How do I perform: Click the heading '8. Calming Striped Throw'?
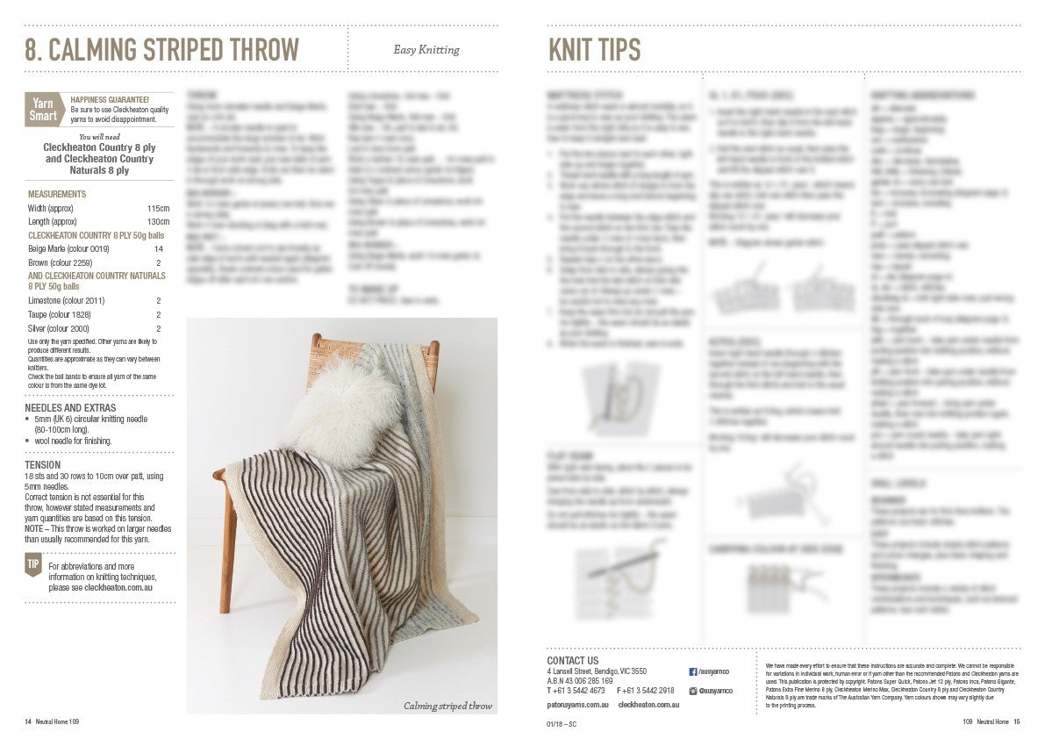click(x=161, y=50)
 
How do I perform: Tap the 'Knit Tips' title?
click(x=594, y=50)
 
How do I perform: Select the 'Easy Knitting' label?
click(x=426, y=50)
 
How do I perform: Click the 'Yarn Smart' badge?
click(x=43, y=110)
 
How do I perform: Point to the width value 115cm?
click(x=158, y=208)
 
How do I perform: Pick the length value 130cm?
click(x=158, y=221)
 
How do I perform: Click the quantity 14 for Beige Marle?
click(x=158, y=249)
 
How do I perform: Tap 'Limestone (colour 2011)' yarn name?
click(x=66, y=300)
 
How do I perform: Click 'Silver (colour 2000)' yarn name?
click(x=60, y=327)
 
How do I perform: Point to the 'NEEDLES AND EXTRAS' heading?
click(x=70, y=408)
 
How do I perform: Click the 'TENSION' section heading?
click(x=43, y=465)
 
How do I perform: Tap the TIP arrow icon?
click(x=32, y=566)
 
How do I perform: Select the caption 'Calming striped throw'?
click(x=447, y=706)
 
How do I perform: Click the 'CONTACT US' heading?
click(x=572, y=661)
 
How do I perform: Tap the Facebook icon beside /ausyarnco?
click(x=693, y=671)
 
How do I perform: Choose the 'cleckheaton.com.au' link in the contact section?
click(x=648, y=704)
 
